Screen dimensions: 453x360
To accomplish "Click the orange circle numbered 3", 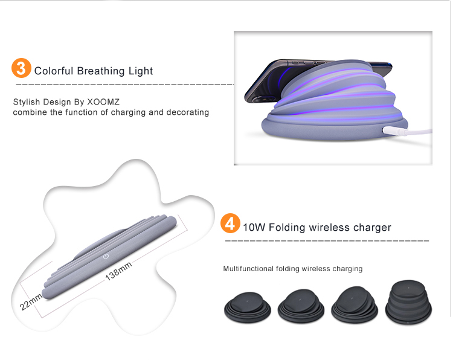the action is tap(21, 68).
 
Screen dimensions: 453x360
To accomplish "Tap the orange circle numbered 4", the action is tap(230, 223).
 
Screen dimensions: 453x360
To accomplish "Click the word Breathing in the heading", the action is tap(101, 71).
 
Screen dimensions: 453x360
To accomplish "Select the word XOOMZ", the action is tap(103, 101).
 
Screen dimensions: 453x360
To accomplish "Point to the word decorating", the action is tap(187, 112).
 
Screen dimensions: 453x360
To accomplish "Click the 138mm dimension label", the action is tap(118, 271).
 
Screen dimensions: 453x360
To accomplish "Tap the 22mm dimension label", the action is tap(31, 301).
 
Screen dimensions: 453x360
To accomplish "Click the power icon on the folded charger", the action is tap(106, 256).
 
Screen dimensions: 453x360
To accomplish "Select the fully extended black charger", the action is tap(408, 301).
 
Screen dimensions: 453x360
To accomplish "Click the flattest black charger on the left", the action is tap(248, 307).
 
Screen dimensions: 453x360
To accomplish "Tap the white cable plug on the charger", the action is tap(394, 131).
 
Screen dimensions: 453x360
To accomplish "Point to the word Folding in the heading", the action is tap(287, 228).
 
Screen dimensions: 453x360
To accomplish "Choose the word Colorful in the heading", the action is tap(54, 71).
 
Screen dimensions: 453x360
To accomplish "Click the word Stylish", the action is tap(27, 102).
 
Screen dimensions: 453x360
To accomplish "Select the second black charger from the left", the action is tap(301, 306).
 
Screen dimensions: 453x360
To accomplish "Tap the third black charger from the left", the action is tap(355, 305).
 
